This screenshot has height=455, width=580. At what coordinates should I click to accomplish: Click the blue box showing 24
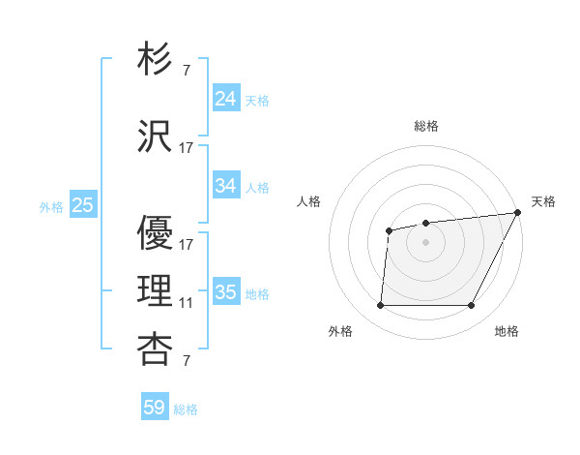(x=225, y=98)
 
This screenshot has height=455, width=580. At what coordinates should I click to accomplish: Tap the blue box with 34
(x=225, y=185)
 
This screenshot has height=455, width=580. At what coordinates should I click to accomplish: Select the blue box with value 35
(x=225, y=291)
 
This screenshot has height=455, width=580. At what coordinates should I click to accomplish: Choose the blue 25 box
(x=82, y=204)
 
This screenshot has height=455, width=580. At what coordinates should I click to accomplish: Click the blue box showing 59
(x=154, y=408)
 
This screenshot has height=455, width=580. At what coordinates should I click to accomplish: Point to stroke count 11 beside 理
(x=186, y=303)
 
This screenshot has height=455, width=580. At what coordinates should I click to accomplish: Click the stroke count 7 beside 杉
(x=186, y=71)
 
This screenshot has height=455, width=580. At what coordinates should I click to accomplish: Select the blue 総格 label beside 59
(x=186, y=409)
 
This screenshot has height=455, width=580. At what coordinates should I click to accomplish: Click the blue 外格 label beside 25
(x=51, y=206)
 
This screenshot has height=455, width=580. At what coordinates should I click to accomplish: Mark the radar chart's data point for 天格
(x=517, y=213)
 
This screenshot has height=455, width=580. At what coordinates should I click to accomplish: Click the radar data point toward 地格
(x=471, y=306)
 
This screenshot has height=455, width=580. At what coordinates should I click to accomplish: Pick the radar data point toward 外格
(x=380, y=306)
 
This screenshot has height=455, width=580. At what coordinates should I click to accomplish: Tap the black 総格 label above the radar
(x=426, y=126)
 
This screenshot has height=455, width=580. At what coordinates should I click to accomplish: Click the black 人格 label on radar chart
(x=308, y=201)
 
